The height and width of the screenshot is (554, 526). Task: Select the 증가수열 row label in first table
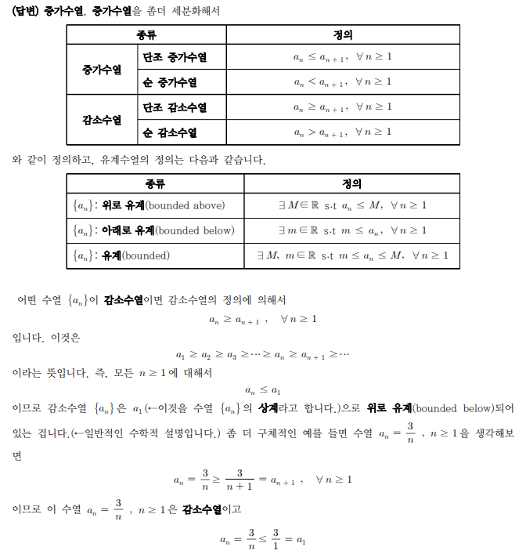102,69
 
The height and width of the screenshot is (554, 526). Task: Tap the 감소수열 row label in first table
102,119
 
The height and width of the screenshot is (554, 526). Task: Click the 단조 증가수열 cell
175,57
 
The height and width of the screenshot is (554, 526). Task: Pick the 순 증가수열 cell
170,81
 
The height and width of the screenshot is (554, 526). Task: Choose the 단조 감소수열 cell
175,107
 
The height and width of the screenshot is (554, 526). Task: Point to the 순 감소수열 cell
170,132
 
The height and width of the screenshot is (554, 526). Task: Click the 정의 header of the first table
342,35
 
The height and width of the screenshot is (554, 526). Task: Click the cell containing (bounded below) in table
153,231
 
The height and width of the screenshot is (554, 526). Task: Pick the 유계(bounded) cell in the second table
121,256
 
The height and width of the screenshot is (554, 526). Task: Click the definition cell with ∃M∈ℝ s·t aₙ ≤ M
352,206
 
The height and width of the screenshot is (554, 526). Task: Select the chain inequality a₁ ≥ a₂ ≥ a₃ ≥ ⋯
262,355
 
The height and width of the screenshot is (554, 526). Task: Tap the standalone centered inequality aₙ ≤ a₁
262,389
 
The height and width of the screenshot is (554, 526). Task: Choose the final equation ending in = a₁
262,540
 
